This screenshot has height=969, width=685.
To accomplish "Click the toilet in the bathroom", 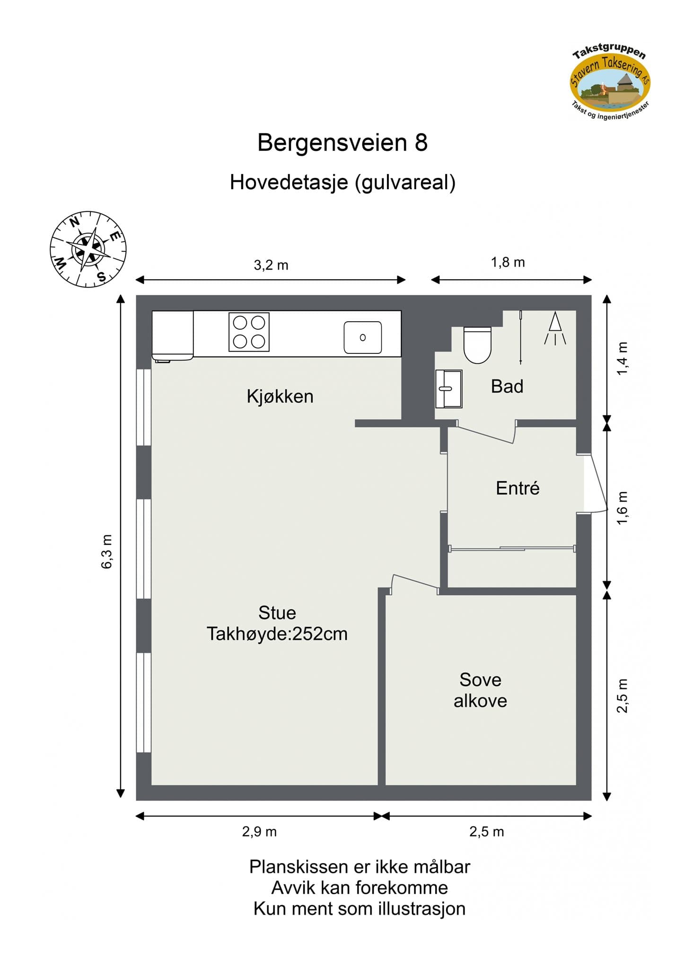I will pos(477,344).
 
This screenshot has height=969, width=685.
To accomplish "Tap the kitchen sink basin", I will pos(362,337).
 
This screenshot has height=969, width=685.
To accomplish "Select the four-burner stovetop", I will pos(249,332).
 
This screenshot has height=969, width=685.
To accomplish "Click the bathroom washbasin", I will pos(448,388).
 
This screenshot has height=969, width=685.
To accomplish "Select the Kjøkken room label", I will pos(280,396).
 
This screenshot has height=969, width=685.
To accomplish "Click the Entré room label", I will pos(518,488).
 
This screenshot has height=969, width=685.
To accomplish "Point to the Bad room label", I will pos(507,387).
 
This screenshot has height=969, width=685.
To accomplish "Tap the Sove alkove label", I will pos(480,690).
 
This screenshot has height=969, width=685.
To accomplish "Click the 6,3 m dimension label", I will pos(107,551).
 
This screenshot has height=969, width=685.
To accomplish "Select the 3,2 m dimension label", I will pos(271,265).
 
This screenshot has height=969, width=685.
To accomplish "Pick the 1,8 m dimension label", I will pos(508,262).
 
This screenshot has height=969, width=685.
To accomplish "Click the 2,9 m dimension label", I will pos(259,831).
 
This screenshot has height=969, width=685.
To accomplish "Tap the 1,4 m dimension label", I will pos(622,359).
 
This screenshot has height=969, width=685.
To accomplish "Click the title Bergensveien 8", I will pos(342,142).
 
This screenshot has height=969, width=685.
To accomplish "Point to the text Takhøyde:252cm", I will pos(277,634).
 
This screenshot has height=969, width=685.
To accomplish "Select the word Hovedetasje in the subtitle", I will pos(289,182).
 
